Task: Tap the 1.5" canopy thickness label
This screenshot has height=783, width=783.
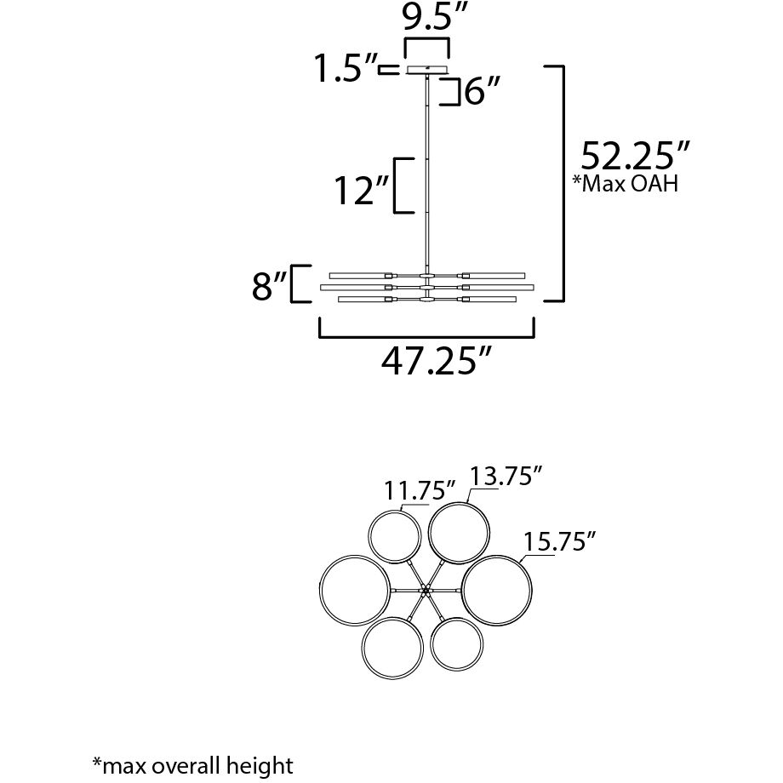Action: tap(345, 68)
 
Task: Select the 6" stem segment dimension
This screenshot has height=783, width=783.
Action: tap(482, 92)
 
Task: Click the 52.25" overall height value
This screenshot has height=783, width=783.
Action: tap(635, 156)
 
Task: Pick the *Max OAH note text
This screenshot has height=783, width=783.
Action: tap(626, 183)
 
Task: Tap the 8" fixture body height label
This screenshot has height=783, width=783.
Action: tap(270, 286)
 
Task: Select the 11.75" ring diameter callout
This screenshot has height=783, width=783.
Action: tap(420, 490)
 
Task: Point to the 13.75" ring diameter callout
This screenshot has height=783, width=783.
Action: tap(506, 476)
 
